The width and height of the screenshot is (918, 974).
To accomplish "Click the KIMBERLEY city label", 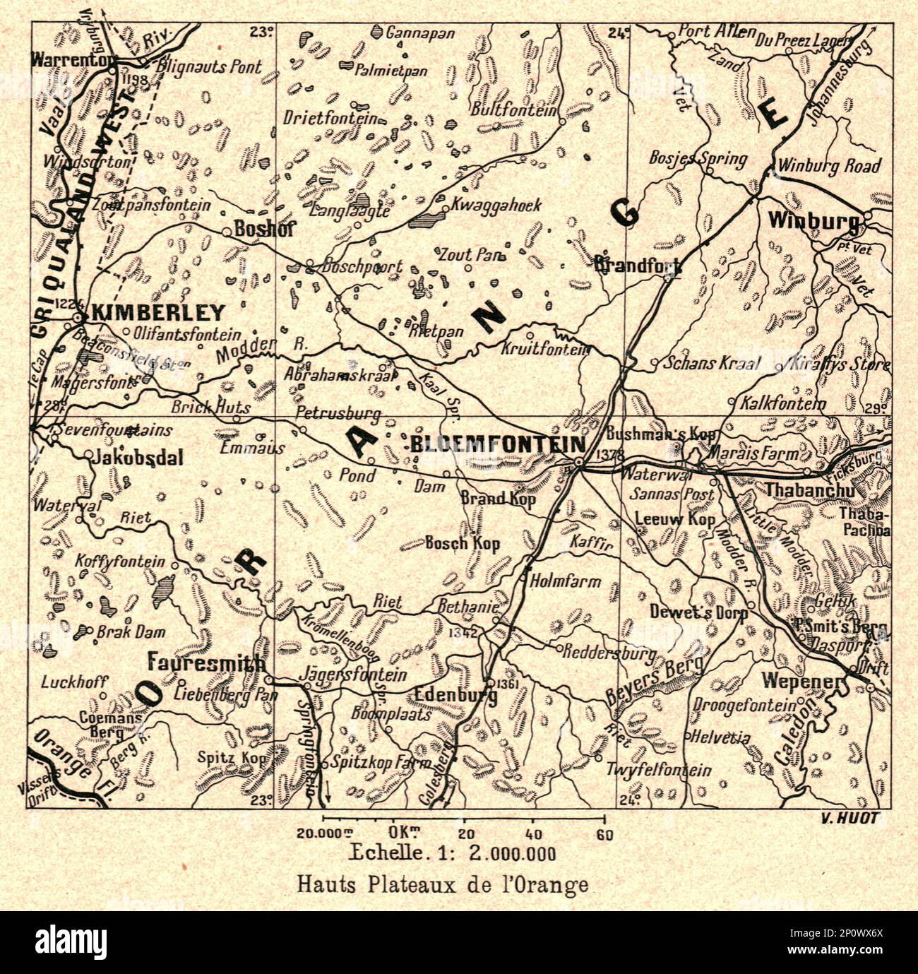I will (x=148, y=313).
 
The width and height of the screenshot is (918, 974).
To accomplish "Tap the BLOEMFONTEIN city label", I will (x=497, y=444).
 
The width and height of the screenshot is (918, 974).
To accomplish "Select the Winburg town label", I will (x=813, y=221).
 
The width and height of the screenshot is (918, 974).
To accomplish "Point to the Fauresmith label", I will (x=206, y=664).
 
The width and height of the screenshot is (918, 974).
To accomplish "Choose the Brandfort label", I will (x=638, y=266).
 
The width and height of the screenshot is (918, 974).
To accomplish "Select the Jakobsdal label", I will (x=138, y=458).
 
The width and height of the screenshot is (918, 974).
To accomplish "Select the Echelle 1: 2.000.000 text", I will (x=453, y=853).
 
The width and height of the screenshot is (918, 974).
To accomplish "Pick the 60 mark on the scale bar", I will (x=604, y=833).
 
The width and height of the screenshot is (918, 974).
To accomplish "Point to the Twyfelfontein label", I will (x=659, y=771).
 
